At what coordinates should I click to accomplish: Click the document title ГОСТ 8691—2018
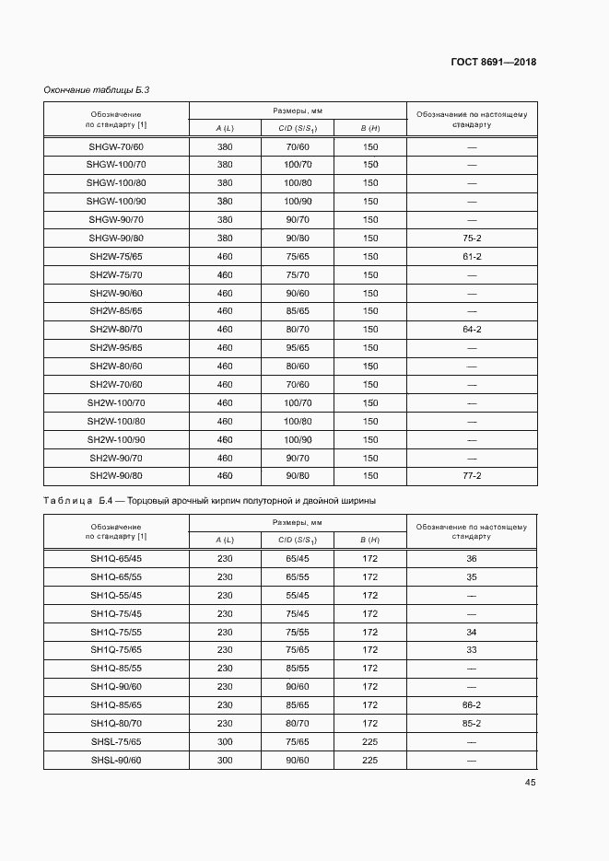493,63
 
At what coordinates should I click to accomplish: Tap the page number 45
530,782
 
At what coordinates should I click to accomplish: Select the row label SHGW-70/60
116,146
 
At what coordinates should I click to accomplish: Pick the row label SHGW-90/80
116,238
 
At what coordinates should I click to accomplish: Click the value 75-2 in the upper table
472,238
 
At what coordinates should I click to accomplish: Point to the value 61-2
472,256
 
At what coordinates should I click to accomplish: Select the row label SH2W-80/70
116,329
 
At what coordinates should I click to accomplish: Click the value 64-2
472,329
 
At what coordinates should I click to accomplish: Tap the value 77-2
472,475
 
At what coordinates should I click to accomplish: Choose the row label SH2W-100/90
116,439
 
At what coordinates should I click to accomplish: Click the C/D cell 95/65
298,347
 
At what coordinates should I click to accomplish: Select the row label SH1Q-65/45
116,558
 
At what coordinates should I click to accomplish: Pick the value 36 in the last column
472,558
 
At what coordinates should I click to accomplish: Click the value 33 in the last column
472,650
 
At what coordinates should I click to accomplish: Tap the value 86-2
472,705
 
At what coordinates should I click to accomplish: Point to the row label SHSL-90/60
116,760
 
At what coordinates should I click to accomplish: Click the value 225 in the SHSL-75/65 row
369,741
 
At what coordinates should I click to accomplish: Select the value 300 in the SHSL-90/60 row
225,760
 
